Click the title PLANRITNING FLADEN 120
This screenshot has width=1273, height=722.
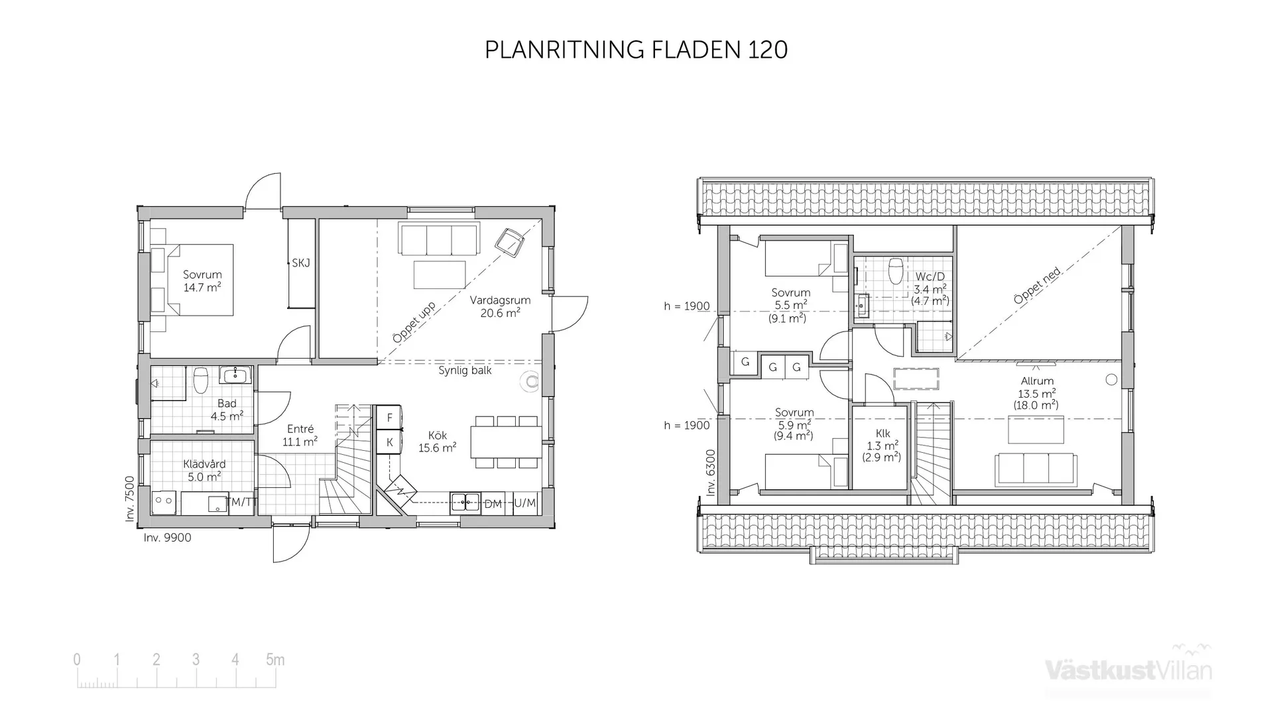coord(636,50)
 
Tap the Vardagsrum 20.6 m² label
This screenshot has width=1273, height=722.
coord(500,306)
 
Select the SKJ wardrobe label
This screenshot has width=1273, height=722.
coord(301,263)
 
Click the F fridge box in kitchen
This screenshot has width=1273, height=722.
coord(390,418)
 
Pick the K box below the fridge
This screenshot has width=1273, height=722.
coord(390,442)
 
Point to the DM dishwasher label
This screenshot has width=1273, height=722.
coord(493,504)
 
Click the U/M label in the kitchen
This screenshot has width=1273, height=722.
coord(524,503)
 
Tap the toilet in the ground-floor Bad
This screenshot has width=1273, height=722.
coord(201,380)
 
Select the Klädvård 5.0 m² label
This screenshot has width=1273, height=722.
coord(204,470)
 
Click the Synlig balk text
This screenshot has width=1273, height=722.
coord(465,371)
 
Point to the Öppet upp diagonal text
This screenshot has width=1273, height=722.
coord(414,323)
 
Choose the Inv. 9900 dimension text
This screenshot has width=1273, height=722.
coord(167,538)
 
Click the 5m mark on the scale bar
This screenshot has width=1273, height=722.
coord(275,660)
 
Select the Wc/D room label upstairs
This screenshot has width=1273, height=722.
coord(930,288)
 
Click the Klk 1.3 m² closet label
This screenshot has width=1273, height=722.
coord(882,445)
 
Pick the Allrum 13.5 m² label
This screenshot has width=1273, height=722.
coord(1036,392)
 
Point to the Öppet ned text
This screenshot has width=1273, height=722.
coord(1037,286)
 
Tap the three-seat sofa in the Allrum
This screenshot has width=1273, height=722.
coord(1035,469)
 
